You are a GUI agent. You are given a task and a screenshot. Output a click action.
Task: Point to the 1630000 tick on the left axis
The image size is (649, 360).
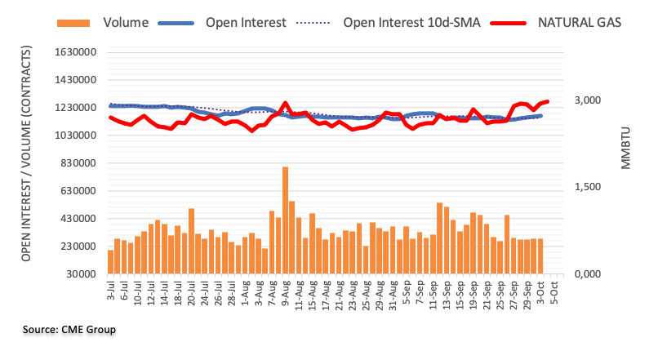72,52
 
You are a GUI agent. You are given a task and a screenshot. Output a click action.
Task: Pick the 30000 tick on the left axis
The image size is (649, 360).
78,274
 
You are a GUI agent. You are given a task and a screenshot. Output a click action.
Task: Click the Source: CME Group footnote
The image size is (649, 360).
69,330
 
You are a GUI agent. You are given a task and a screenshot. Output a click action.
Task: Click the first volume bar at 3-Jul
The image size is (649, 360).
111,262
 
